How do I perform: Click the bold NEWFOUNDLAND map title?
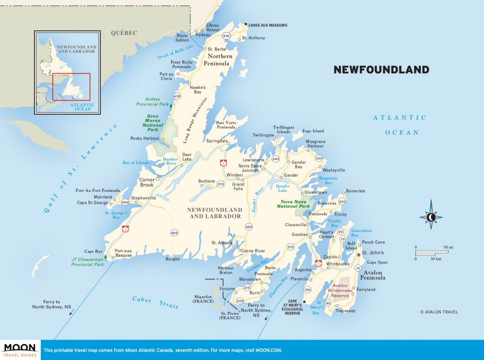(381, 70)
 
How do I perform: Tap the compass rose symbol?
(431, 217)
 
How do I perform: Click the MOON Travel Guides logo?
(20, 350)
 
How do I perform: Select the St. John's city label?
(373, 253)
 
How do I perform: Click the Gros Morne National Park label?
(153, 122)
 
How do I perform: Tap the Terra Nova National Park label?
(293, 204)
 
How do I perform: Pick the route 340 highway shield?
(276, 159)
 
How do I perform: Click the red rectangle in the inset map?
(71, 87)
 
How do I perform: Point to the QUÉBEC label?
(124, 33)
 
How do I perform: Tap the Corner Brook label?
(147, 182)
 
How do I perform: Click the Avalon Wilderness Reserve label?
(340, 291)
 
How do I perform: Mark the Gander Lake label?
(282, 188)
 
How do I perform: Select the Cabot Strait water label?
(156, 302)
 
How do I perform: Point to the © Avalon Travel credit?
(439, 312)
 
